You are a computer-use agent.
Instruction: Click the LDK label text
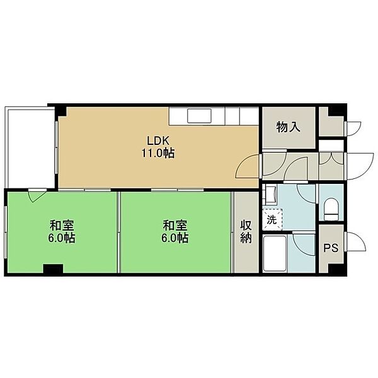158,140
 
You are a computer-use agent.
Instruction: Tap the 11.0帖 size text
158,153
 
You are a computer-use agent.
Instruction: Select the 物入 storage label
289,127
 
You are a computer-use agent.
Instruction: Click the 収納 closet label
246,231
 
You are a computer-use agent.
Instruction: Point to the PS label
331,248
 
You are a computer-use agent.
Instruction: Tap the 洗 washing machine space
272,219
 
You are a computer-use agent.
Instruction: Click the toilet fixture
331,209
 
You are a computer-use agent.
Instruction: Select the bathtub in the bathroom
275,253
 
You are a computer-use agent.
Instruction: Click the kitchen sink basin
199,115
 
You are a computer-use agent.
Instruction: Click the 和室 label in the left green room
62,226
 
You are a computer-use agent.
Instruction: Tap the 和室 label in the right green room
175,226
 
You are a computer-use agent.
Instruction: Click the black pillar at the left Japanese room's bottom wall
53,268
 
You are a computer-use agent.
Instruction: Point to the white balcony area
31,147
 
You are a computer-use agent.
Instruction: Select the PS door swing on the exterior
355,242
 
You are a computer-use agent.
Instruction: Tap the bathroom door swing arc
304,244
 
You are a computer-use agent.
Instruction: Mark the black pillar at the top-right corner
338,110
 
